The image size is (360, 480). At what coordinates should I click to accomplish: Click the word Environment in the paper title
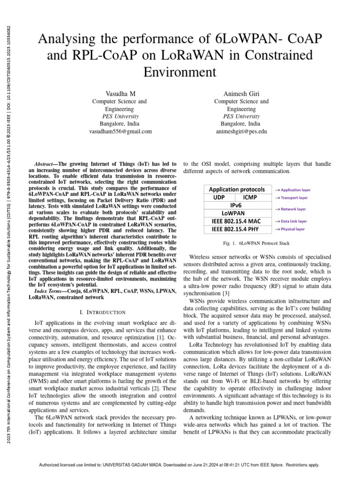click(180, 72)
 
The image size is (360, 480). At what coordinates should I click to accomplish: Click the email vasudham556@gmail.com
click(120, 132)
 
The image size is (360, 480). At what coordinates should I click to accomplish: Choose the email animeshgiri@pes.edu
click(241, 132)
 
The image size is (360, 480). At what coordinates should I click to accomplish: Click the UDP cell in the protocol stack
click(218, 197)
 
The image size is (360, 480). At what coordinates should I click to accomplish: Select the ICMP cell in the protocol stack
click(249, 197)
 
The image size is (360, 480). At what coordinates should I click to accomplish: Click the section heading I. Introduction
click(103, 312)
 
